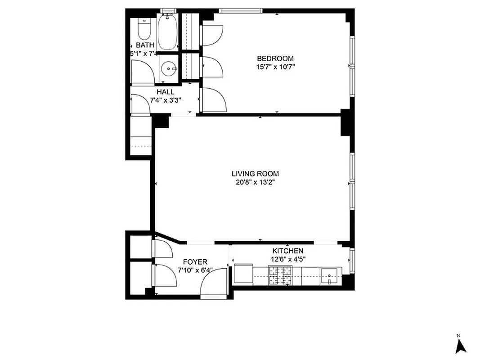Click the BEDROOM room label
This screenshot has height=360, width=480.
275,58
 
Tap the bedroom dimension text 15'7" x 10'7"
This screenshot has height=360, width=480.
275,67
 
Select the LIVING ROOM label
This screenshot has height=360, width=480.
255,174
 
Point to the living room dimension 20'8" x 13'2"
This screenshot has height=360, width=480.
255,182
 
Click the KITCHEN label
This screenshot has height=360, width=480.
287,251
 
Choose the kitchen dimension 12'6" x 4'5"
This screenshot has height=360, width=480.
287,259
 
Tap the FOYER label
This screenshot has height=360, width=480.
195,262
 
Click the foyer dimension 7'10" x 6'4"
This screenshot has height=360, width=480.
195,270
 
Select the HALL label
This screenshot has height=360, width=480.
165,92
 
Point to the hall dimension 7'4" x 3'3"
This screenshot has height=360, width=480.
165,100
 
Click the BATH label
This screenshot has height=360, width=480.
145,45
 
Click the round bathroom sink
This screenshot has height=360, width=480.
170,69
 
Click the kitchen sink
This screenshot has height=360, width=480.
331,276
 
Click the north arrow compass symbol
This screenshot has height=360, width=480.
461,345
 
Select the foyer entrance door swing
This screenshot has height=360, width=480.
214,286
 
